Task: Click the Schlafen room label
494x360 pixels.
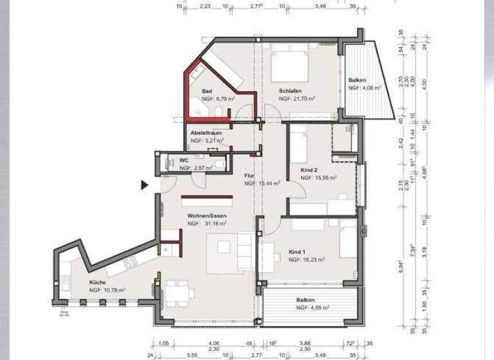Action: point(287,91)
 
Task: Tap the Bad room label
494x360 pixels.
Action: point(207,92)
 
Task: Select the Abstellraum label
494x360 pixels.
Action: point(206,132)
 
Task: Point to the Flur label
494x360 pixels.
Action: point(250,175)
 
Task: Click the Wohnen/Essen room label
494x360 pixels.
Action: point(206,215)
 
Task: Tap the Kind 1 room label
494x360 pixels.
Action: point(297,251)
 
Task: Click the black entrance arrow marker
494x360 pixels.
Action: point(145,185)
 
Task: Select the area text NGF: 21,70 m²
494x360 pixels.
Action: point(297,99)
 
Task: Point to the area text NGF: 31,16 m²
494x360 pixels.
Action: point(207,224)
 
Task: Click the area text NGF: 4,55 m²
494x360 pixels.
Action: point(313,308)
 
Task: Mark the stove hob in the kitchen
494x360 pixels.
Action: point(132,262)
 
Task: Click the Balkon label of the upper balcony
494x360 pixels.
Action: point(357,80)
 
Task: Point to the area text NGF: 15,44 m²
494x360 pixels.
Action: point(262,183)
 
